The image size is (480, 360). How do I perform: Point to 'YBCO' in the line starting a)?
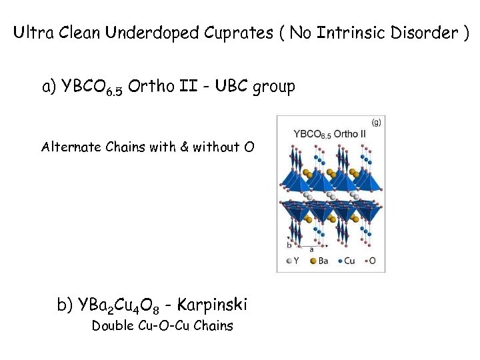pos(85,87)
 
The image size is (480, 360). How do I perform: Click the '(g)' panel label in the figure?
pos(377,122)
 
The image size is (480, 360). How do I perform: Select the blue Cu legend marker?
pos(339,261)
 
